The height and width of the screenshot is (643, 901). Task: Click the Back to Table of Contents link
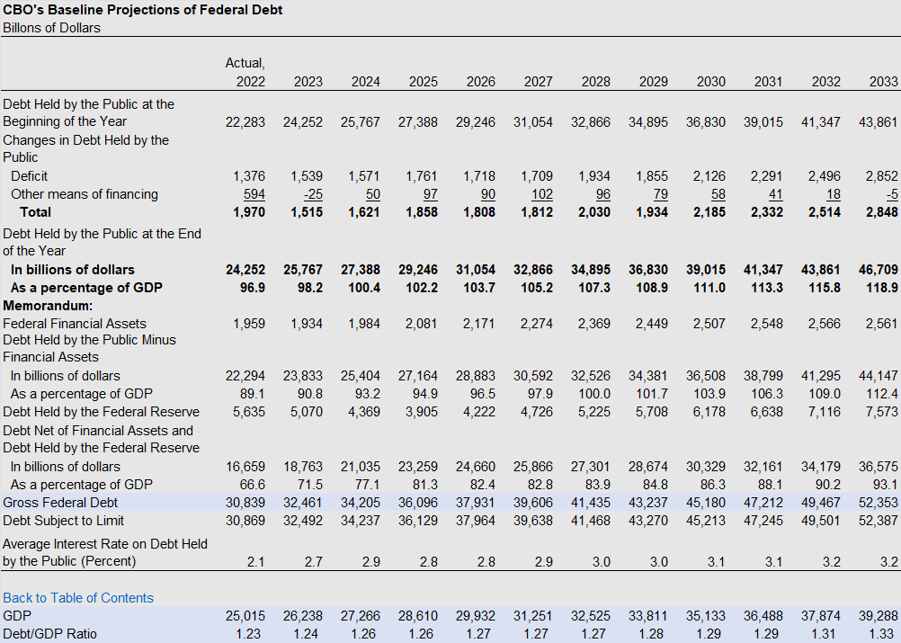[78, 598]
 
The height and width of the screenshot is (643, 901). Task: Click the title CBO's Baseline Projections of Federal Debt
[142, 10]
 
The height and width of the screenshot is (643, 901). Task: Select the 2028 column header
[595, 82]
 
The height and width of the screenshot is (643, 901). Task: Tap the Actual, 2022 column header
[245, 72]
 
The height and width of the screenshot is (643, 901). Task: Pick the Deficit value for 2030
[709, 176]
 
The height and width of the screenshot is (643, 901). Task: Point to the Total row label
[36, 212]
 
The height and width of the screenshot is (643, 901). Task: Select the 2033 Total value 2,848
[881, 212]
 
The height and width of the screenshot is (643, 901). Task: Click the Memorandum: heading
[48, 305]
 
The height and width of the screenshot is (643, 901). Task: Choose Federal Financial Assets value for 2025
[421, 324]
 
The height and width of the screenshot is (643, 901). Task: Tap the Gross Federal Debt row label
[60, 502]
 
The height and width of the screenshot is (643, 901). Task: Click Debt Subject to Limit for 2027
[533, 520]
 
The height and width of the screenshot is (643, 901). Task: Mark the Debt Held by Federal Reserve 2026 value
[478, 411]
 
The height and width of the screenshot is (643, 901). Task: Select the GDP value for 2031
[763, 615]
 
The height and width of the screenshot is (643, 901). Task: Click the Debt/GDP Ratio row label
[50, 634]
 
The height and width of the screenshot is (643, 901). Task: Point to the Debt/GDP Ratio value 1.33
[885, 634]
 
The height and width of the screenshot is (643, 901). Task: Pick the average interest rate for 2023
[313, 561]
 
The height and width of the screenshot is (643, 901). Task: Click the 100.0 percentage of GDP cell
[594, 394]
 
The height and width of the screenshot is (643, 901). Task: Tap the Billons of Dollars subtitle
[52, 28]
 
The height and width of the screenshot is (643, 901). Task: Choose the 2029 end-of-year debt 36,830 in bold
[648, 270]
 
